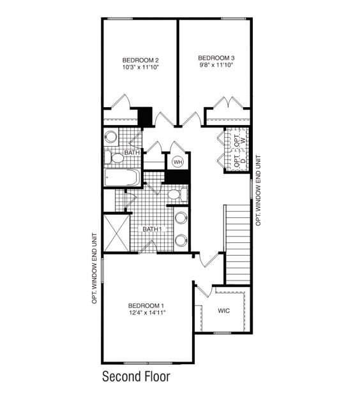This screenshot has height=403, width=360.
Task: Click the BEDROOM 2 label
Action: tap(140, 60)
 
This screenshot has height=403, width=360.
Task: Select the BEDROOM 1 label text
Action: tap(146, 305)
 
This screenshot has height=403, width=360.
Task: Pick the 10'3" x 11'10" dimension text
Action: tap(140, 67)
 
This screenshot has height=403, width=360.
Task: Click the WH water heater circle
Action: tap(177, 162)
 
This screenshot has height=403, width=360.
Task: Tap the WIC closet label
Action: tap(223, 311)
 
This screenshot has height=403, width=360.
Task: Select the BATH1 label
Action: tap(152, 229)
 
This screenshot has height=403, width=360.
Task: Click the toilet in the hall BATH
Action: tap(117, 158)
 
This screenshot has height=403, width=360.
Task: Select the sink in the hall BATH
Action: tap(111, 136)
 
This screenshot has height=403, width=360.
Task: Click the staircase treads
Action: tap(236, 242)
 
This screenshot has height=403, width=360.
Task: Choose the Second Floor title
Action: tap(136, 377)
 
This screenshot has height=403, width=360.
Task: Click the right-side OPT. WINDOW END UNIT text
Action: tap(258, 190)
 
